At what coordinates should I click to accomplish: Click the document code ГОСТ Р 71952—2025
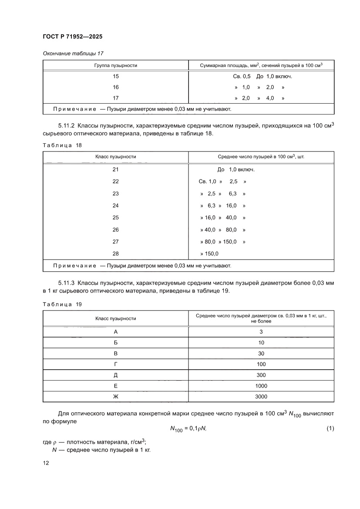point(72,37)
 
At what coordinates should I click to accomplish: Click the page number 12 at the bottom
point(46,463)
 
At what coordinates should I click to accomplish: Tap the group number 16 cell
point(115,87)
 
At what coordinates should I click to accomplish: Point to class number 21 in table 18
point(115,169)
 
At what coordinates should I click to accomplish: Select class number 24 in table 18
point(115,206)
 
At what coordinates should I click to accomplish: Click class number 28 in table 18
point(115,253)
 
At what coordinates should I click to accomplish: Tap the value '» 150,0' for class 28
point(209,253)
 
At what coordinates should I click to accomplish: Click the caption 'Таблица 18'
point(62,145)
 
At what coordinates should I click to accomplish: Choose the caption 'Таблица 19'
point(62,304)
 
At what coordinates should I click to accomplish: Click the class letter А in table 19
point(115,332)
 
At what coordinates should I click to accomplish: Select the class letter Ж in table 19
point(115,397)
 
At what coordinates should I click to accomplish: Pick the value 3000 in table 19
point(261,397)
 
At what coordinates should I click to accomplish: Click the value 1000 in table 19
point(261,386)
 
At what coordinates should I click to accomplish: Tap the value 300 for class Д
point(261,375)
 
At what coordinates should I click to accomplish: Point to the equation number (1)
point(330,429)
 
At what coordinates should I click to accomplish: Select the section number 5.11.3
point(67,283)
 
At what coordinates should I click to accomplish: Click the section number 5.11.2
point(67,125)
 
